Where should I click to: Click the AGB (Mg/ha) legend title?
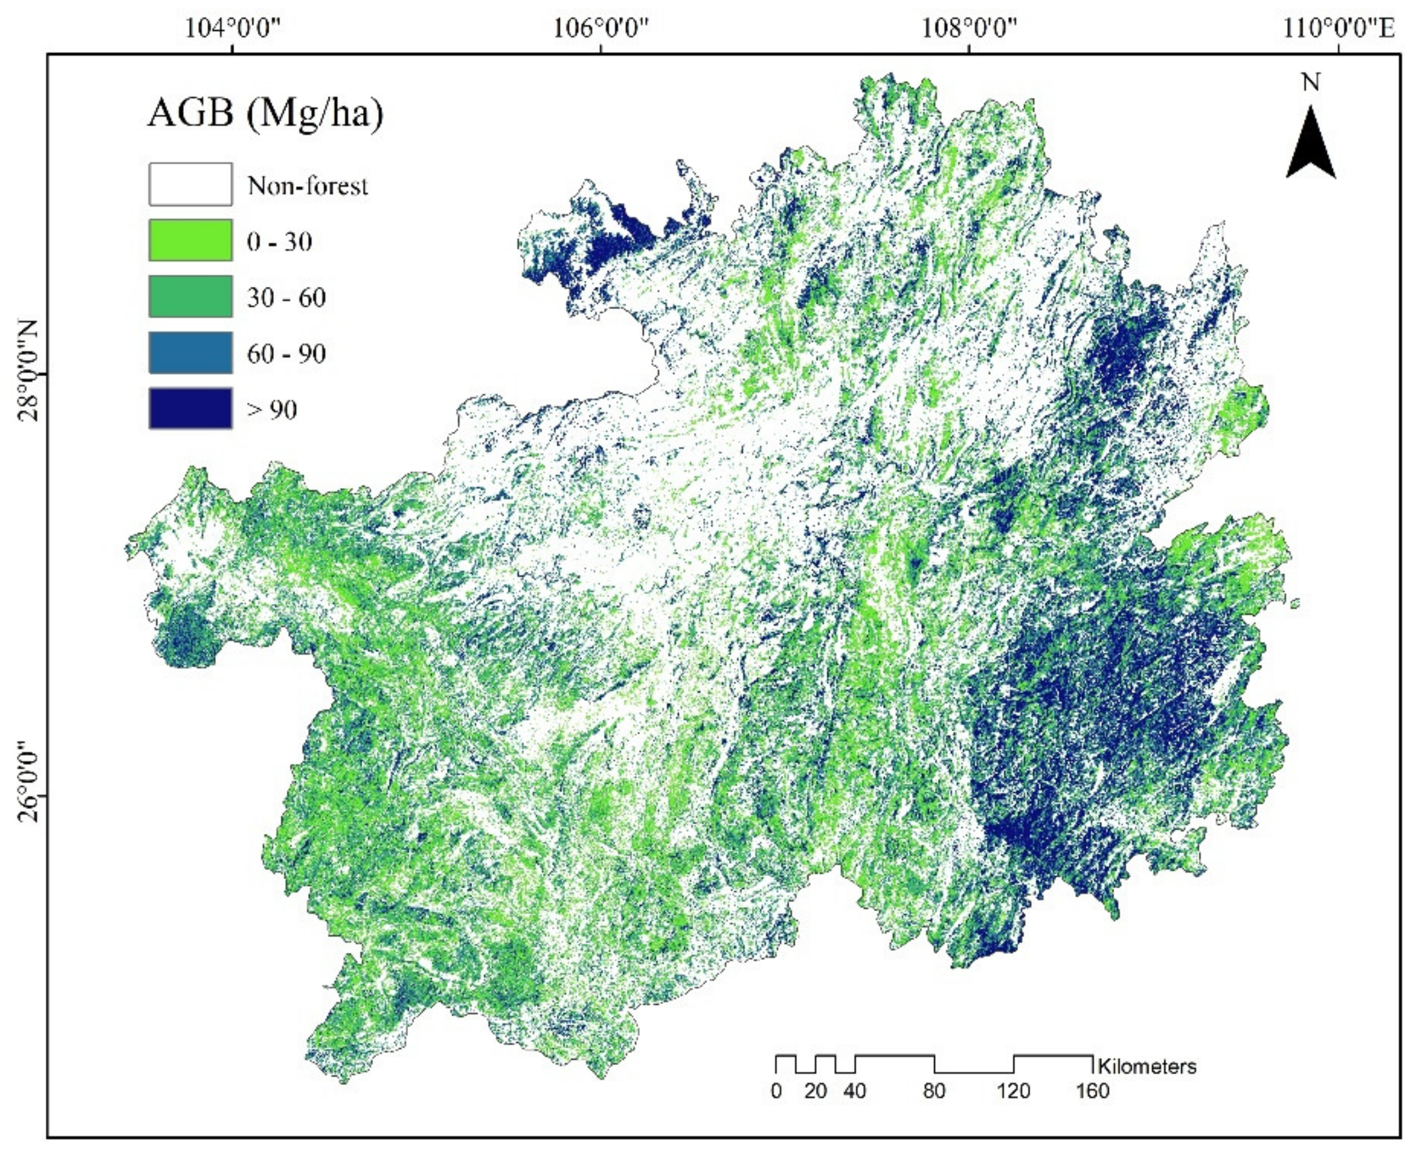(265, 113)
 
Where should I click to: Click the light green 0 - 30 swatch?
(190, 240)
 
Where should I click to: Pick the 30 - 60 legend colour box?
(190, 297)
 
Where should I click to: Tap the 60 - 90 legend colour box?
(190, 353)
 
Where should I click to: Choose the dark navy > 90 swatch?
(190, 409)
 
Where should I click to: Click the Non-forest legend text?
(307, 186)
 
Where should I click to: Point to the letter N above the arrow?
(1311, 82)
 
